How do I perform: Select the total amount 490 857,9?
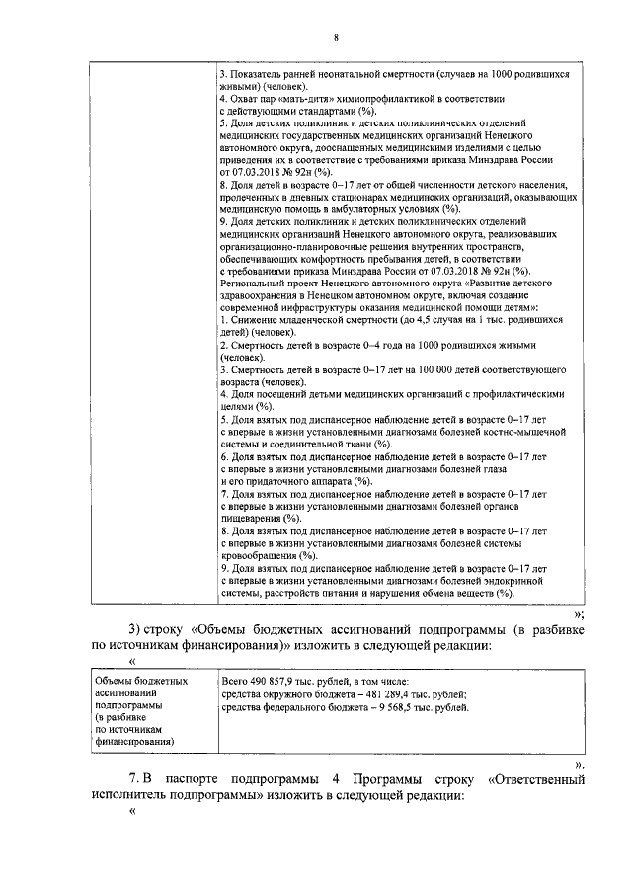(280, 681)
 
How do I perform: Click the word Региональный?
(255, 282)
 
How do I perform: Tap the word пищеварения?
(251, 518)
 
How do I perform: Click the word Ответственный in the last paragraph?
(533, 779)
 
